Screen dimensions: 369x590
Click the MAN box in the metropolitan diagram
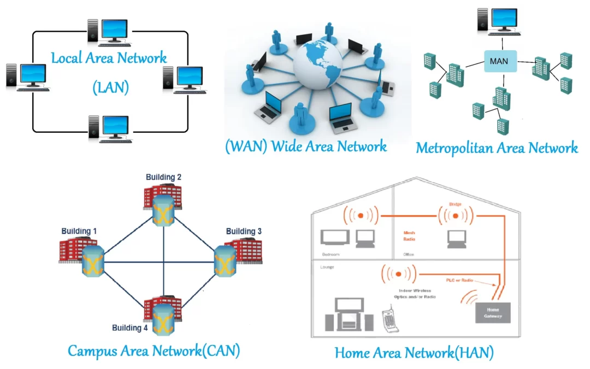click(499, 61)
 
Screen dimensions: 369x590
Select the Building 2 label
click(163, 177)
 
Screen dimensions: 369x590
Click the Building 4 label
click(130, 328)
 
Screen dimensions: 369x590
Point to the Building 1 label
click(79, 231)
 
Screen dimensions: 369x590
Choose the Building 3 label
click(244, 231)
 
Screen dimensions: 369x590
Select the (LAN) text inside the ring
click(110, 87)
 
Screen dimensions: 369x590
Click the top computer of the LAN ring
click(109, 31)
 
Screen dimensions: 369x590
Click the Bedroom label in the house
click(331, 255)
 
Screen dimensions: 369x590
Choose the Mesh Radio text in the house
click(410, 235)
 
